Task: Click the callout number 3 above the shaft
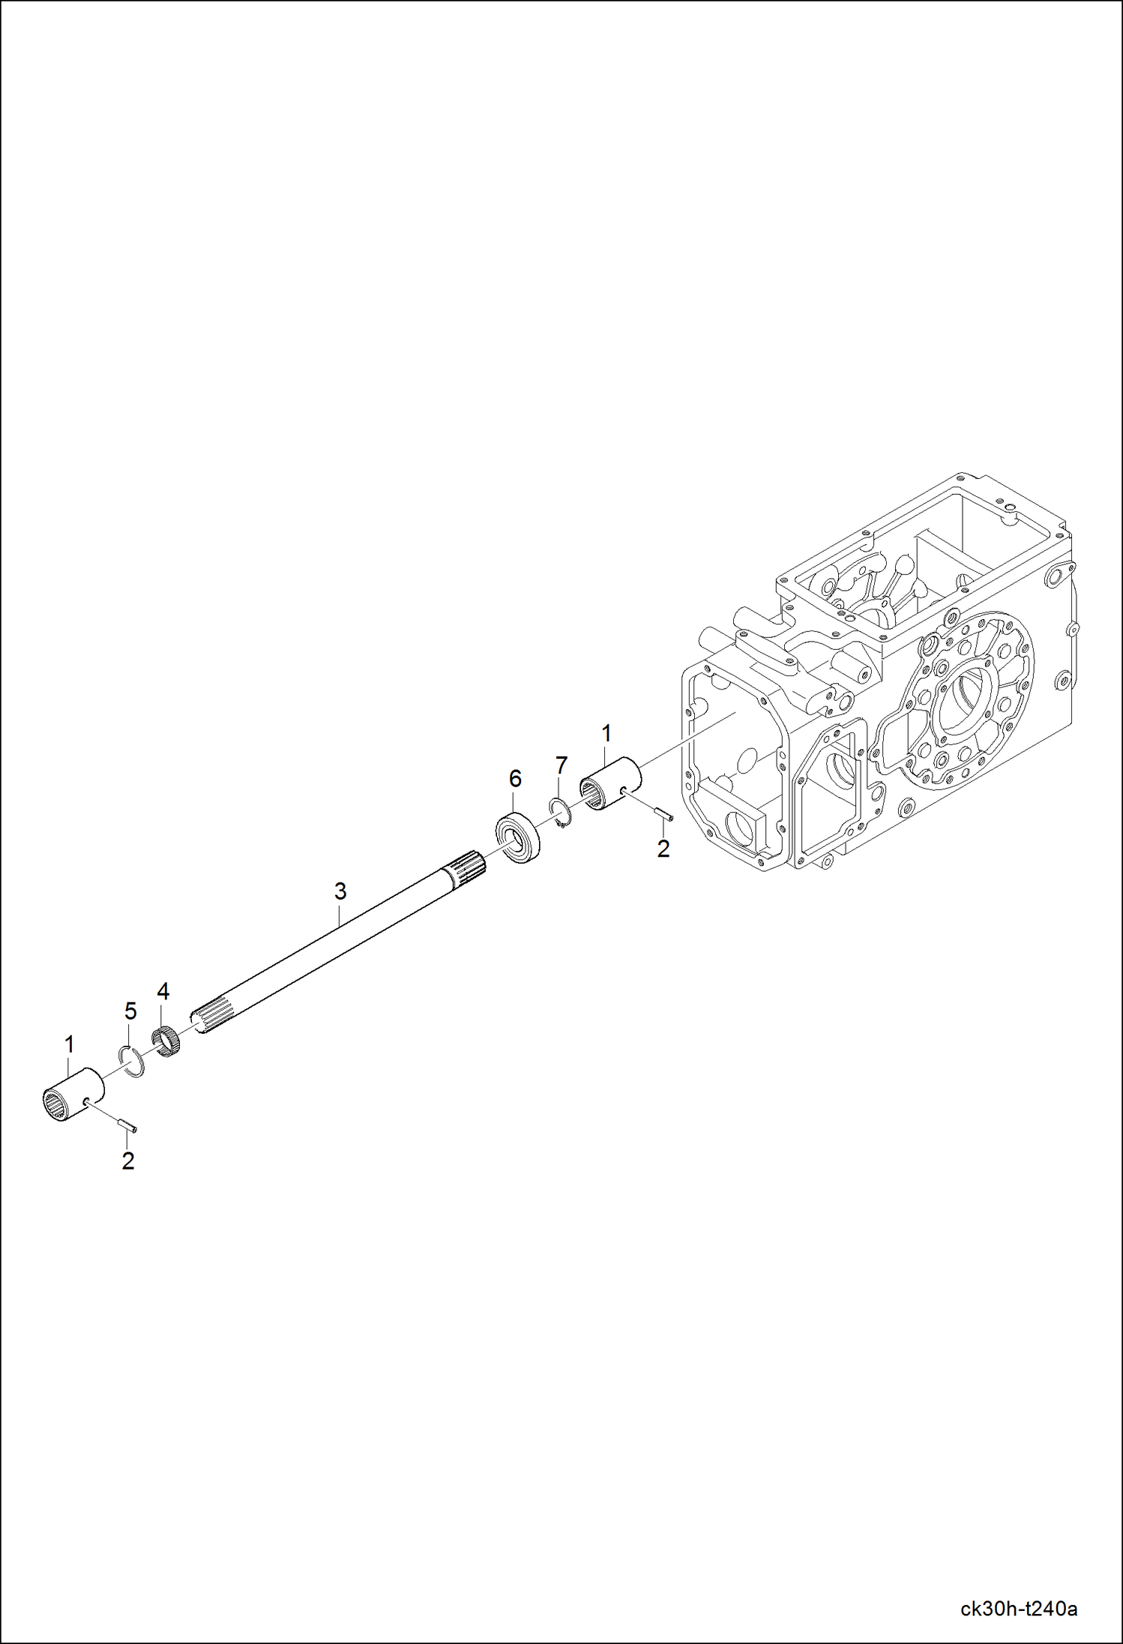tap(340, 891)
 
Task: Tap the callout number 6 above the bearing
tap(515, 779)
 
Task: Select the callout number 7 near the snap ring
tap(561, 765)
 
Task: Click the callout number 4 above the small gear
tap(163, 992)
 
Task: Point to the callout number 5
tap(130, 1011)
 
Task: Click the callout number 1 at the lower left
tap(70, 1044)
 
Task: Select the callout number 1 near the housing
tap(606, 732)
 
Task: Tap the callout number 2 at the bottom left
tap(128, 1161)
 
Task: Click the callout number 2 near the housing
tap(663, 849)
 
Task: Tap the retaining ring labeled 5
tap(133, 1061)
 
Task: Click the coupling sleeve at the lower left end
tap(73, 1095)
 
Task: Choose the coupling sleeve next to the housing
tap(611, 784)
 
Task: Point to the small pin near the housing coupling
tap(663, 813)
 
